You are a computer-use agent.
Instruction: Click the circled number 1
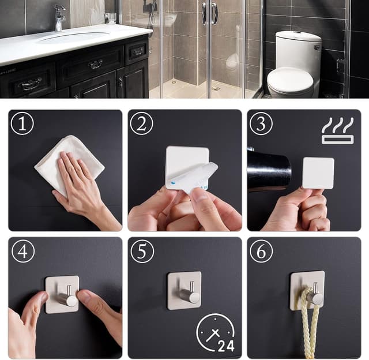tap(22, 124)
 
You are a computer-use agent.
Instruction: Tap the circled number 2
tap(141, 124)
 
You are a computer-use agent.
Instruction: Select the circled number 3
tap(261, 124)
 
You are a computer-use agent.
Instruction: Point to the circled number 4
tap(22, 251)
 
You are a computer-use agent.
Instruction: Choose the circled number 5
tap(141, 251)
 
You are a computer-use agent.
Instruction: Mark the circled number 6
tap(261, 251)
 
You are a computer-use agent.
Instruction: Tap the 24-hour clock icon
tap(215, 333)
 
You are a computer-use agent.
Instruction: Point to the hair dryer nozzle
tap(270, 170)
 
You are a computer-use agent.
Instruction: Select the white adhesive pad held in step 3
tap(318, 172)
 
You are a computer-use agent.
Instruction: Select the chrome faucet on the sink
tap(59, 17)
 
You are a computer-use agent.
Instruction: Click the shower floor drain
tap(216, 89)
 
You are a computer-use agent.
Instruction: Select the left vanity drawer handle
tap(31, 84)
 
